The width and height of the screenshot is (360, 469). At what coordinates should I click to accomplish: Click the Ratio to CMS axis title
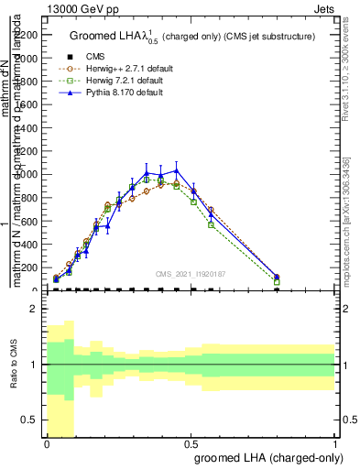point(14,366)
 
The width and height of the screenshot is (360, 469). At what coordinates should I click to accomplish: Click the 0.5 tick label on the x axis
point(191,443)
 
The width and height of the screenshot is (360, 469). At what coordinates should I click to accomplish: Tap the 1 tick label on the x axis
point(335,443)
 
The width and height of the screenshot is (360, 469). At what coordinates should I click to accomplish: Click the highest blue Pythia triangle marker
point(177,170)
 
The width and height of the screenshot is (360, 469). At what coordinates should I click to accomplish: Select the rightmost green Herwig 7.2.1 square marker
point(277,282)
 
